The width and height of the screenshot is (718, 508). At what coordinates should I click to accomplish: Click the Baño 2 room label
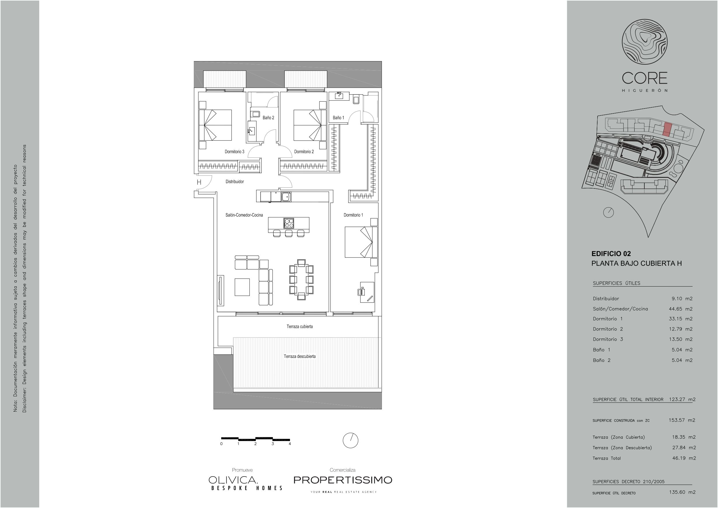(268, 117)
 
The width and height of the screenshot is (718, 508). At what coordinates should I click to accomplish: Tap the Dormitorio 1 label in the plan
(353, 215)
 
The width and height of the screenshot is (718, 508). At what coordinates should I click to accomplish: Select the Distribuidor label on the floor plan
(235, 182)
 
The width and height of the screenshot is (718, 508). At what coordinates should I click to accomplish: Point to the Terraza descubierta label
(300, 356)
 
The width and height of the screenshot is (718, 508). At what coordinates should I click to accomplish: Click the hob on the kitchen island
(289, 223)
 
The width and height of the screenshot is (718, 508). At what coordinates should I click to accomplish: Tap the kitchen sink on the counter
(286, 197)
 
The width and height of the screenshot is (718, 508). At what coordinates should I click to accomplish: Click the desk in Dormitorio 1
(367, 292)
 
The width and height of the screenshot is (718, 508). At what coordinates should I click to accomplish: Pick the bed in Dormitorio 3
(215, 125)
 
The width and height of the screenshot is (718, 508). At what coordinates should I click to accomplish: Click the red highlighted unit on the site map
(667, 130)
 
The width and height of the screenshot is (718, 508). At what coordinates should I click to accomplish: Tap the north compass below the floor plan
(351, 440)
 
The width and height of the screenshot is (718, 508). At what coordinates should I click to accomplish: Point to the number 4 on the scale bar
(290, 444)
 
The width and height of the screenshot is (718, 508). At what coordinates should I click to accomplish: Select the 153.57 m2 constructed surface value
(682, 420)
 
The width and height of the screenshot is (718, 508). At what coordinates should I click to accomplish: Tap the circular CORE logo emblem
(644, 42)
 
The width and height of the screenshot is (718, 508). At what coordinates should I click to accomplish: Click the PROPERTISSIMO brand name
(343, 480)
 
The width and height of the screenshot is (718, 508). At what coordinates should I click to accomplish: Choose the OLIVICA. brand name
(233, 479)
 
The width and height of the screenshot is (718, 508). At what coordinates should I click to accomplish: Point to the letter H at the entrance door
(199, 182)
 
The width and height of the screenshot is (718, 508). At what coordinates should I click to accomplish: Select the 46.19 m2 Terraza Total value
(684, 458)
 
